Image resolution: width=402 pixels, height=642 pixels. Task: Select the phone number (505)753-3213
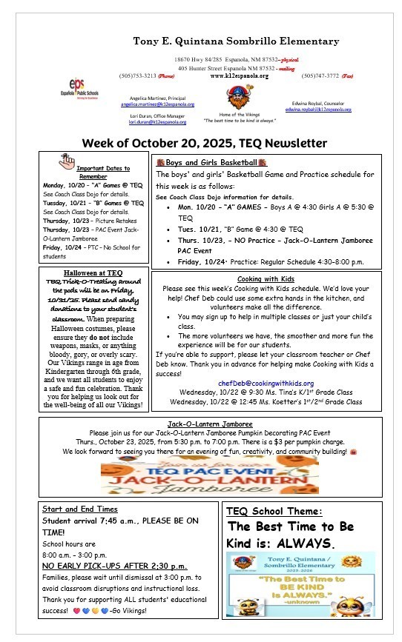(x=136, y=76)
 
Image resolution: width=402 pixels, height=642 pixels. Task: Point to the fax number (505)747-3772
(x=319, y=76)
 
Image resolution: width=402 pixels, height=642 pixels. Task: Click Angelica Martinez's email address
(x=148, y=105)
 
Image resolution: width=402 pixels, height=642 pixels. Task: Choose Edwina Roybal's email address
(x=318, y=110)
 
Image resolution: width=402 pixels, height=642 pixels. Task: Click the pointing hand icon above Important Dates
(x=67, y=159)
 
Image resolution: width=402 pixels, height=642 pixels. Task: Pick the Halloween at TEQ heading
(x=93, y=272)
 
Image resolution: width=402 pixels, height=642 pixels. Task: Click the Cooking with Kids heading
(x=268, y=278)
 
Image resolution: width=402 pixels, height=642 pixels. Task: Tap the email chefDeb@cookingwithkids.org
(x=268, y=383)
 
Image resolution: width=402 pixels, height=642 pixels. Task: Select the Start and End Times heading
(x=79, y=509)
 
